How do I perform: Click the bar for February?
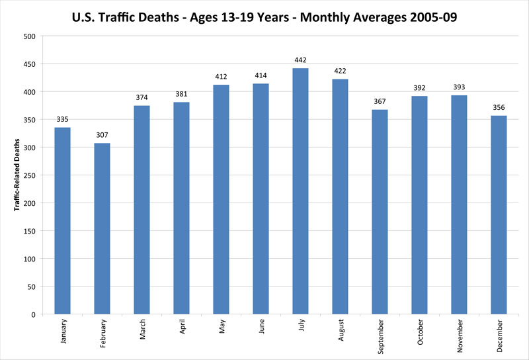(x=102, y=228)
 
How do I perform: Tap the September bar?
(x=380, y=212)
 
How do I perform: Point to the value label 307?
(x=102, y=136)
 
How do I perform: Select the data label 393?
(x=459, y=87)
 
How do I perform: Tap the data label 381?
(x=181, y=94)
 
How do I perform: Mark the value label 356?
(x=499, y=108)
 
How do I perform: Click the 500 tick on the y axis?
(x=28, y=36)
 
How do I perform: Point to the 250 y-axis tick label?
(x=28, y=175)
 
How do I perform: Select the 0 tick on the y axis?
(x=32, y=314)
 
